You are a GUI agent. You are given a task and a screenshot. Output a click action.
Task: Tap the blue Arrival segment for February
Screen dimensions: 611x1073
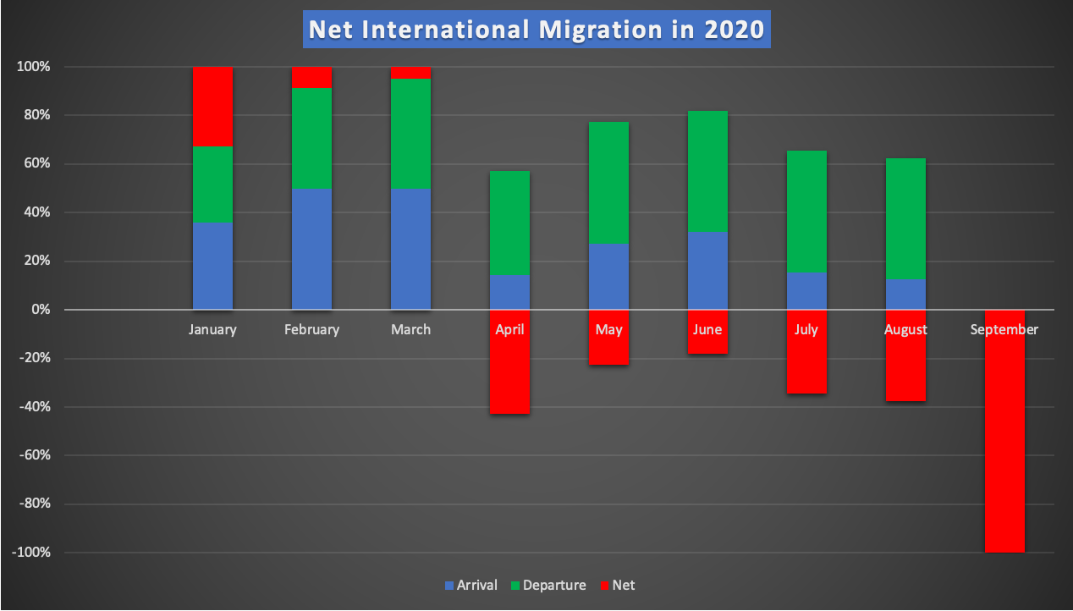click(x=311, y=249)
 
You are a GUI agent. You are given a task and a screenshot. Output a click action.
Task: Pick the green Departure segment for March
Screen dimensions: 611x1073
click(x=410, y=134)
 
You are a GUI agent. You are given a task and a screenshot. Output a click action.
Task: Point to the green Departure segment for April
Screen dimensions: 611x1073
click(x=509, y=223)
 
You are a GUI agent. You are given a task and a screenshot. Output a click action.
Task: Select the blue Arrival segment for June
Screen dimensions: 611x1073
click(x=707, y=270)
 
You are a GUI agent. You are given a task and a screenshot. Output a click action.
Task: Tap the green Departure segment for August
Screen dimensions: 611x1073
click(x=905, y=218)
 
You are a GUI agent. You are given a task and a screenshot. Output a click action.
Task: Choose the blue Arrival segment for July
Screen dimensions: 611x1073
click(x=806, y=290)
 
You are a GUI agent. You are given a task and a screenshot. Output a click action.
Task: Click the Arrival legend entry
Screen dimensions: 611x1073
click(x=470, y=585)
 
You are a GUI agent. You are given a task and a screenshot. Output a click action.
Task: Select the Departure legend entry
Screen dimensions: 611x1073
click(x=548, y=585)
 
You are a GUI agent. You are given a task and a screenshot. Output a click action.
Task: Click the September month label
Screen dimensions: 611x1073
click(x=1004, y=330)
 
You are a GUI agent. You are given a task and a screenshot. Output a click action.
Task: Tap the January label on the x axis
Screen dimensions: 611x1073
click(x=212, y=330)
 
